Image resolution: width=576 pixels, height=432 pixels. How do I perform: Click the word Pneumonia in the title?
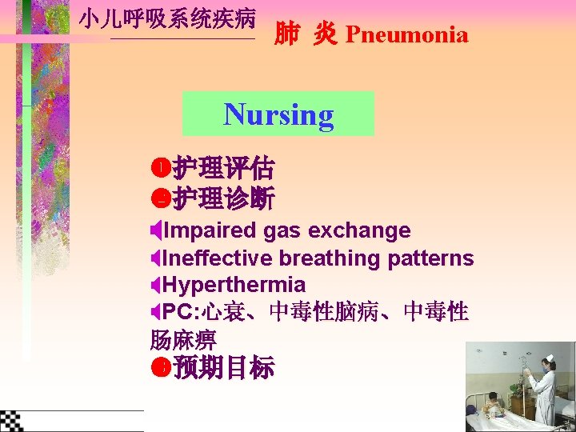(x=406, y=35)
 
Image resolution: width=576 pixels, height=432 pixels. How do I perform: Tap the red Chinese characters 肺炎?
(x=305, y=34)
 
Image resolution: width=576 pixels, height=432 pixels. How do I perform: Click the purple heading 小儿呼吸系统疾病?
(x=167, y=18)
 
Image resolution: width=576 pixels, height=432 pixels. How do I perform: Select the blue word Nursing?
(x=278, y=114)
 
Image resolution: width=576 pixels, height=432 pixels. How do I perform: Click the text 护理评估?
(x=223, y=169)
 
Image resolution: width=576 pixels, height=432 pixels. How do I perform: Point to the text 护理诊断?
(x=223, y=197)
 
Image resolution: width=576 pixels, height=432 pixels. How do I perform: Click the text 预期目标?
(x=223, y=368)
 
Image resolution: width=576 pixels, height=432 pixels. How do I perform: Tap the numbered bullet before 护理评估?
(x=158, y=169)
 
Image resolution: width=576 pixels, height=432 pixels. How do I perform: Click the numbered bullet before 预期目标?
(x=158, y=368)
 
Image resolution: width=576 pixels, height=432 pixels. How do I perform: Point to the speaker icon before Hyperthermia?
(x=155, y=285)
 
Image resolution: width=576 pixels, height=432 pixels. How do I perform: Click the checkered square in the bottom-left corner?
(x=11, y=420)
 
